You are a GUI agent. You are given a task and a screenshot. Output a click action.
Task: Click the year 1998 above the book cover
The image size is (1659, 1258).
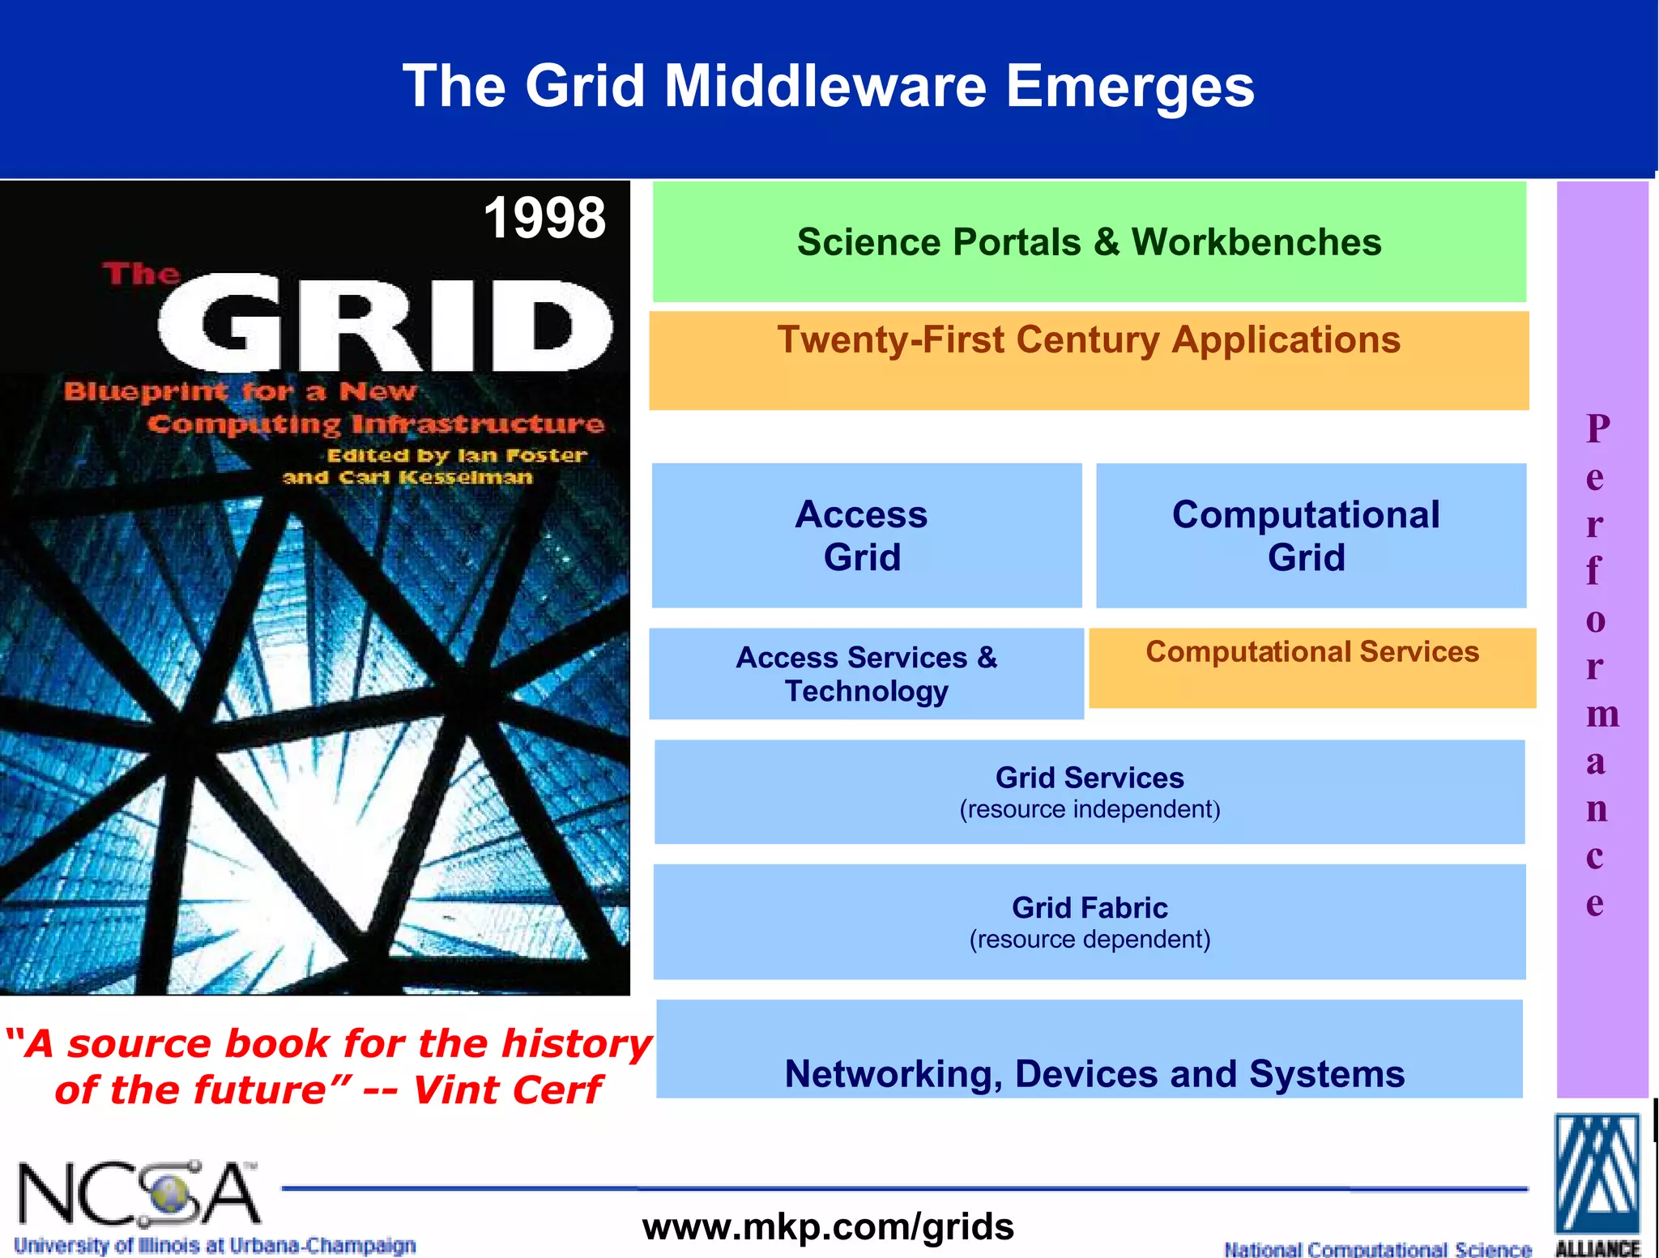(544, 218)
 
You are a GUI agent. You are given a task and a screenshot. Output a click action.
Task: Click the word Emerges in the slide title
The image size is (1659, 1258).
(1130, 86)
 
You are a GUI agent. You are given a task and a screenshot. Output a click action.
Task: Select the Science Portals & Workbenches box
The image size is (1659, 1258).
(1089, 242)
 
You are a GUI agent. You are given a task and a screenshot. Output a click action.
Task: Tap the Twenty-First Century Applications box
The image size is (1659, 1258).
(1089, 360)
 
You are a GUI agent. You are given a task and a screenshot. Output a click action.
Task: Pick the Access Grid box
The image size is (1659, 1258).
(865, 535)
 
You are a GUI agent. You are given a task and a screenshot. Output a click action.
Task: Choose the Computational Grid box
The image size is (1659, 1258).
(1310, 535)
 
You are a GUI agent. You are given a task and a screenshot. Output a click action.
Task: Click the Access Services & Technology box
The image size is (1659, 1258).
(866, 674)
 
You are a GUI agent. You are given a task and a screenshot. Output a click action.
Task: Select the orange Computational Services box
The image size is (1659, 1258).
(1311, 667)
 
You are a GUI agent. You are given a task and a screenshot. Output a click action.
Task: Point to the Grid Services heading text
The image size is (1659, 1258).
(1090, 778)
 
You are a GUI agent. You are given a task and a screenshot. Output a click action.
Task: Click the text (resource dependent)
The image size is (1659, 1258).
(1090, 940)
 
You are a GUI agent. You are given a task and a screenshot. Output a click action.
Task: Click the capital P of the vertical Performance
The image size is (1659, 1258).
(1597, 429)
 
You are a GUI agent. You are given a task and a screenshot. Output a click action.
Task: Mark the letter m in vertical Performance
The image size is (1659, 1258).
(1601, 714)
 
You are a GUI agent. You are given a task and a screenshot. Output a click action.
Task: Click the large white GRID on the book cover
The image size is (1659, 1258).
(386, 324)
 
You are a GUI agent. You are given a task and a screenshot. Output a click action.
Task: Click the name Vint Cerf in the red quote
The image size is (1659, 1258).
(507, 1090)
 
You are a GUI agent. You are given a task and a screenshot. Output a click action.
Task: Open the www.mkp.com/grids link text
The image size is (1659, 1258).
(828, 1226)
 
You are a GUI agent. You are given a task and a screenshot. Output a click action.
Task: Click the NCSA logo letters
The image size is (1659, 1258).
(138, 1194)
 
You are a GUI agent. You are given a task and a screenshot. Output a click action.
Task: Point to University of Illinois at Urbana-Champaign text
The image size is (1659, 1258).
(215, 1245)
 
